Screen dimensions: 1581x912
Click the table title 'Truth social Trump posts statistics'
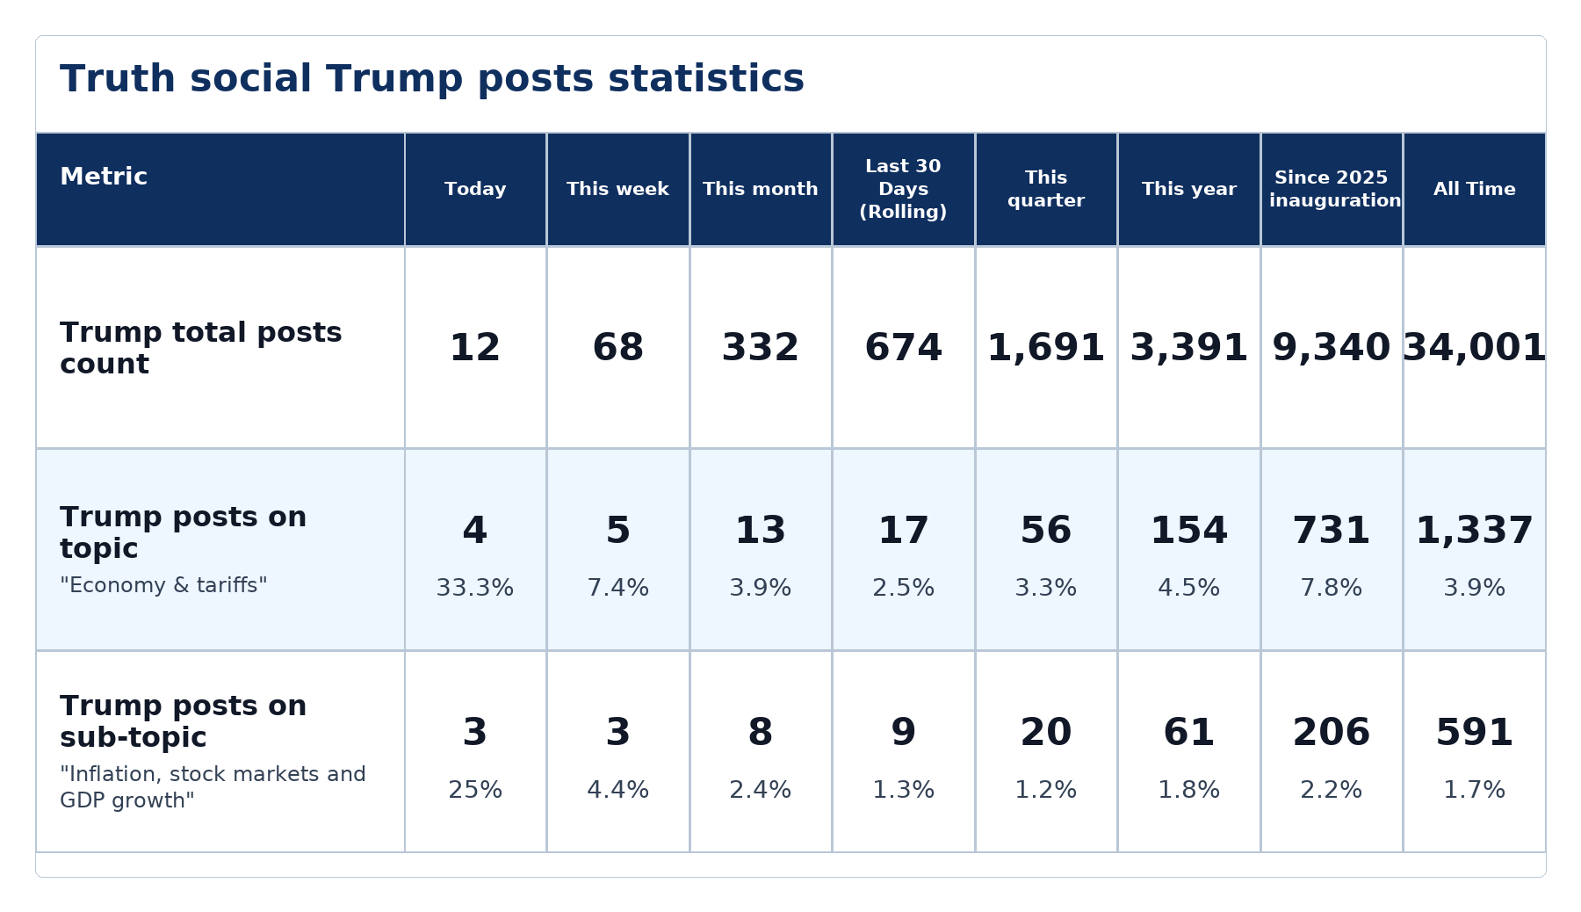(x=431, y=79)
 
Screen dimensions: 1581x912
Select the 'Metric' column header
(x=104, y=177)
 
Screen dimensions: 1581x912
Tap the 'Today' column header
(x=475, y=189)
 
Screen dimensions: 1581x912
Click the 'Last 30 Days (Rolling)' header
(x=903, y=189)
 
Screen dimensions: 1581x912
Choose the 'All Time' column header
(x=1474, y=189)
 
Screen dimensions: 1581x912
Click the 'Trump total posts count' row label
(x=201, y=348)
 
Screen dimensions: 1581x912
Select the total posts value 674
(x=903, y=348)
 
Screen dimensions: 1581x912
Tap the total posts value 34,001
(x=1474, y=348)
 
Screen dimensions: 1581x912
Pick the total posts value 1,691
(x=1045, y=348)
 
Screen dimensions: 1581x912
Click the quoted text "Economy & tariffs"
(x=163, y=585)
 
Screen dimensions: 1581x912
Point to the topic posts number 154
(x=1188, y=531)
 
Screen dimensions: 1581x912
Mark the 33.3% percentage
(x=475, y=588)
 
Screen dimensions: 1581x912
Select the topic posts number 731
(x=1332, y=531)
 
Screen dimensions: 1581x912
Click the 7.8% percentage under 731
(x=1332, y=588)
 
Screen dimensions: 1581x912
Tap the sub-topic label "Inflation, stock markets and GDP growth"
(x=213, y=787)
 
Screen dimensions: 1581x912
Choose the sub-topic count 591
(x=1474, y=733)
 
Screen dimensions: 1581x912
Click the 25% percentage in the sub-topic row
(x=475, y=790)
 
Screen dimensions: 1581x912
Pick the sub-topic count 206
(x=1332, y=733)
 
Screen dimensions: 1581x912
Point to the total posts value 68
(x=617, y=348)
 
